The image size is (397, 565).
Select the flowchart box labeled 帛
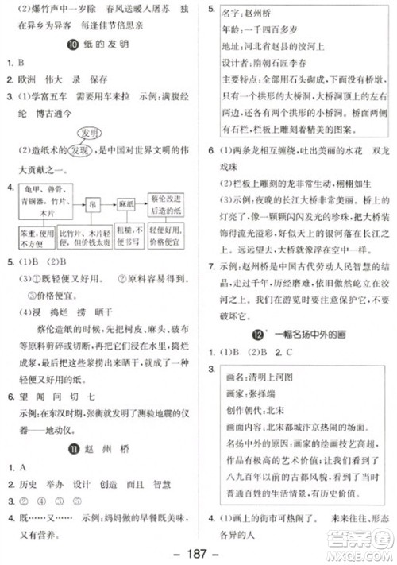pyautogui.click(x=95, y=204)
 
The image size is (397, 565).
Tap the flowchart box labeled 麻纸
pyautogui.click(x=126, y=203)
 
